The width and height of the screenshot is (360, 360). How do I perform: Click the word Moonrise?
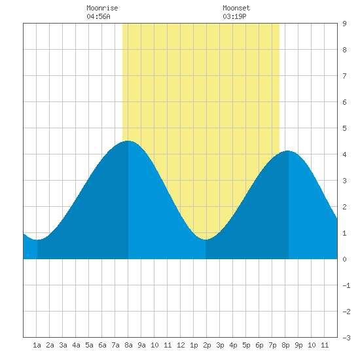coord(102,8)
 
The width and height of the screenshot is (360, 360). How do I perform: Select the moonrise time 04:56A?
coord(98,16)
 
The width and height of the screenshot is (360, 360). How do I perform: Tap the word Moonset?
coord(236,8)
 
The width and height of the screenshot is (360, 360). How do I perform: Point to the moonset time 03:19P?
coord(234,16)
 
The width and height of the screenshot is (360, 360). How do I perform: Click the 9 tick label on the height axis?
coord(344,24)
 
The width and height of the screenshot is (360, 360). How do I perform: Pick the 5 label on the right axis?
coord(344,128)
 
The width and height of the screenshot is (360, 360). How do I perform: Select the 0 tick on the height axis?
coord(344,259)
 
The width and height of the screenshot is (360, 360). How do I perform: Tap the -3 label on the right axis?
coord(346,338)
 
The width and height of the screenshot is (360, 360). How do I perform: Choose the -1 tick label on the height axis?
coord(346,285)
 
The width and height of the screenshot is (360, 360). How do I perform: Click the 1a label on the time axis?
coord(37,345)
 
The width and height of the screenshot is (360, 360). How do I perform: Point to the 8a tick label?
coord(128,345)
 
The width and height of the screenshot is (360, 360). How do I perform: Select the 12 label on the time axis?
coord(181,345)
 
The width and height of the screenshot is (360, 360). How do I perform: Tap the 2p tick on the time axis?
coord(207,345)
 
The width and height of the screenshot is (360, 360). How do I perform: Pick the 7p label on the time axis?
coord(272,345)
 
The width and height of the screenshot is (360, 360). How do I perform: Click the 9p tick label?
coord(298,345)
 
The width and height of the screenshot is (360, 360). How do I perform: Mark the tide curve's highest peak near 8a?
coord(128,141)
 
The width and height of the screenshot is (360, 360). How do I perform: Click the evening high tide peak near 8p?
coord(288,151)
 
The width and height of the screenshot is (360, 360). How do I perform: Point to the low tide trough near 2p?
coord(206,240)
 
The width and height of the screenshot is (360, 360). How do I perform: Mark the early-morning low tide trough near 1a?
coord(37,240)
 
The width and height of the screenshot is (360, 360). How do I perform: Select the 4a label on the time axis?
coord(76,345)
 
